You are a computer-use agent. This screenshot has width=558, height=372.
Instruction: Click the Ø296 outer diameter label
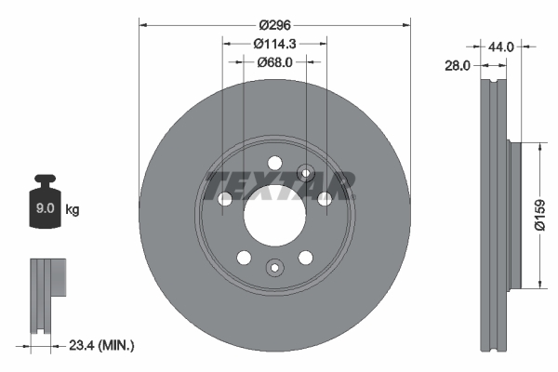coord(274,24)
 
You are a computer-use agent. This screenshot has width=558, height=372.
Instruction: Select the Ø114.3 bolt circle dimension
coord(274,43)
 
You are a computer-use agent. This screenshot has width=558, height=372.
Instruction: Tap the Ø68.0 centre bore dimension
coord(274,62)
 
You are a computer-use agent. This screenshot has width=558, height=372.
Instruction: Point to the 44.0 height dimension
coord(501,45)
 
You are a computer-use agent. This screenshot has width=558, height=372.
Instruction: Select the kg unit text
coord(73,210)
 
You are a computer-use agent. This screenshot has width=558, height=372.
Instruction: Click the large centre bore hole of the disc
coord(274,216)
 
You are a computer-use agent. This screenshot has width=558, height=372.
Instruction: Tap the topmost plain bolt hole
coord(274,164)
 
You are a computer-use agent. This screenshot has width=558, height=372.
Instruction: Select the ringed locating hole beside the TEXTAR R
coord(305,173)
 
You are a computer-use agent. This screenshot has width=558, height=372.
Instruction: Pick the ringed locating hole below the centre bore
coord(274,269)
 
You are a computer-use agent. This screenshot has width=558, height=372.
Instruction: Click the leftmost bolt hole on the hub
coord(224,199)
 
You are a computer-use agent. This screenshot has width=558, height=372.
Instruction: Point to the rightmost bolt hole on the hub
coord(325,199)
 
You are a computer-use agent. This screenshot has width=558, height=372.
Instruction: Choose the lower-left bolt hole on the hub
coord(244,258)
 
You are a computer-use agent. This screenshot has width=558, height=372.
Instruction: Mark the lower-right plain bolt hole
coord(305,258)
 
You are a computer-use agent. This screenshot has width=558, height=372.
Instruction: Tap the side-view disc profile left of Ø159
coord(493,214)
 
